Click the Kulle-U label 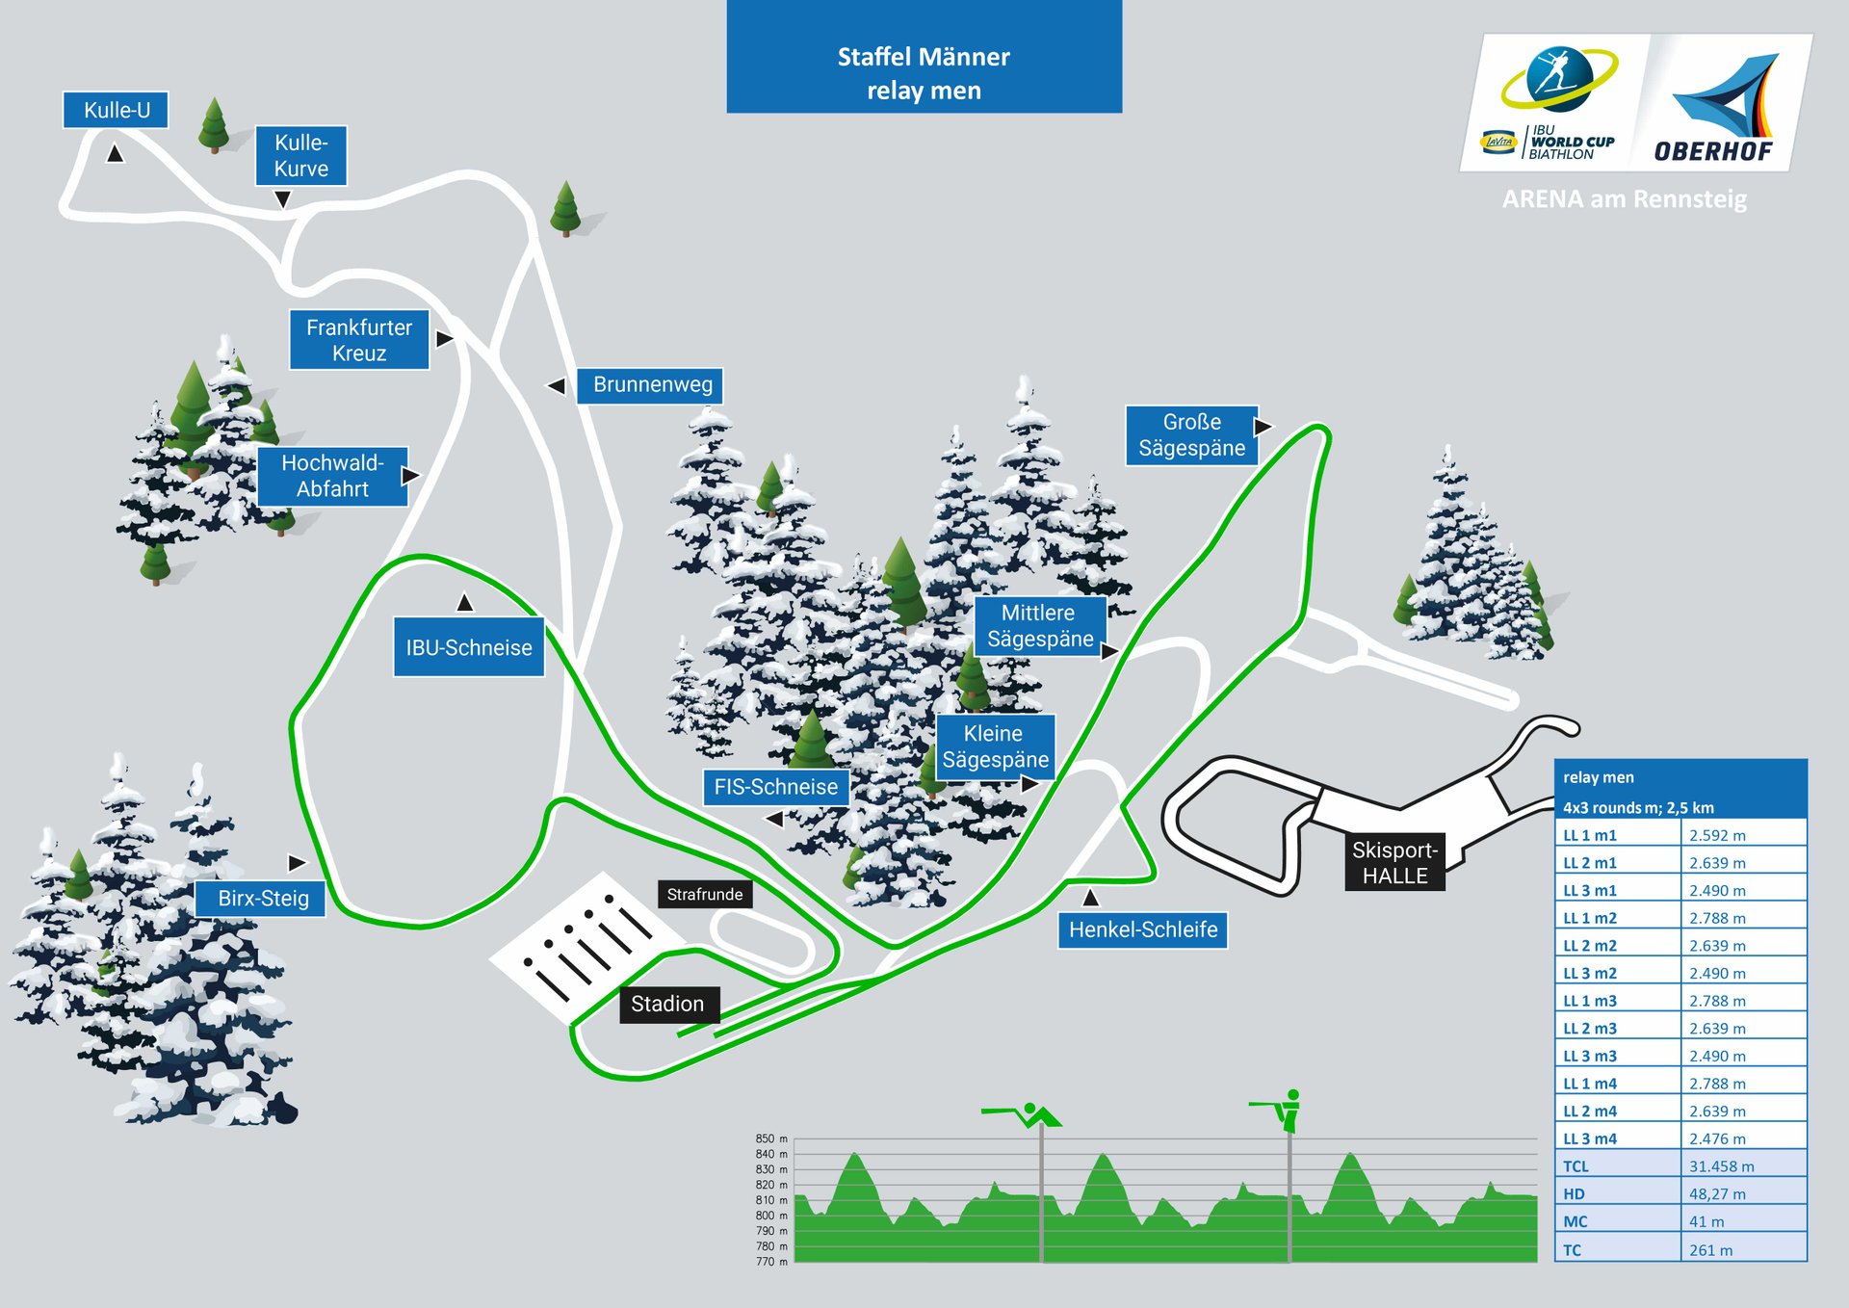click(116, 110)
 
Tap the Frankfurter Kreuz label click(359, 340)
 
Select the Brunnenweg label click(651, 385)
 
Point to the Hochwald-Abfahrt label click(332, 476)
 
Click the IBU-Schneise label click(468, 647)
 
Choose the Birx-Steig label click(262, 899)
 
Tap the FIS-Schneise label click(775, 787)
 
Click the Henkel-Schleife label click(1142, 929)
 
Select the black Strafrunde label click(704, 894)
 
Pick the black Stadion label click(667, 1004)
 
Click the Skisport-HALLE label click(1393, 863)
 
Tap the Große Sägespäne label click(1191, 435)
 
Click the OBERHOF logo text click(1713, 151)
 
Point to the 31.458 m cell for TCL click(1721, 1166)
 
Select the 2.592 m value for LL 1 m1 click(1717, 836)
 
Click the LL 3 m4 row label click(1590, 1138)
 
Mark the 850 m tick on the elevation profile click(770, 1138)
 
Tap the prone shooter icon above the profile click(1024, 1114)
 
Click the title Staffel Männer click(924, 57)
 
